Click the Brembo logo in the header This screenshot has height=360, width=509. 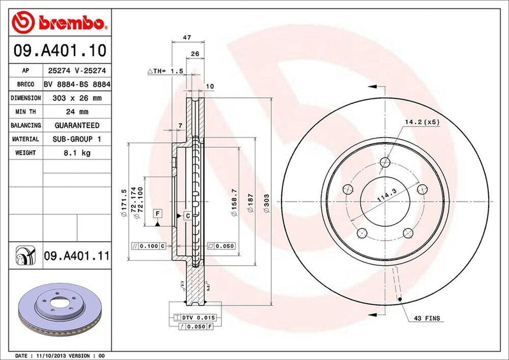pos(60,22)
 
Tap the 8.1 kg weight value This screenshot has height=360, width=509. pos(77,153)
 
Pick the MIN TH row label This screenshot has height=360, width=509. pos(24,112)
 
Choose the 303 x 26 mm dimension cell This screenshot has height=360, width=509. pos(77,98)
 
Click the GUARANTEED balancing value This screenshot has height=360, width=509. pos(77,125)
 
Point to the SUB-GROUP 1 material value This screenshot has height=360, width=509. pos(77,139)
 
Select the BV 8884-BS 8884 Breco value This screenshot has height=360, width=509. pos(77,85)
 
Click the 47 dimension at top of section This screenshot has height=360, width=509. pos(187,37)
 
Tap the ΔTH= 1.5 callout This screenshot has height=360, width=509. pos(166,71)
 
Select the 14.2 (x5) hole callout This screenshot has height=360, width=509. pos(422,121)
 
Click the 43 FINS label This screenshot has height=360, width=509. pos(426,318)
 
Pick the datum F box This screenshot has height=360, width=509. pos(158,214)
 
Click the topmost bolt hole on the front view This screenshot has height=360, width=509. pos(385,162)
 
